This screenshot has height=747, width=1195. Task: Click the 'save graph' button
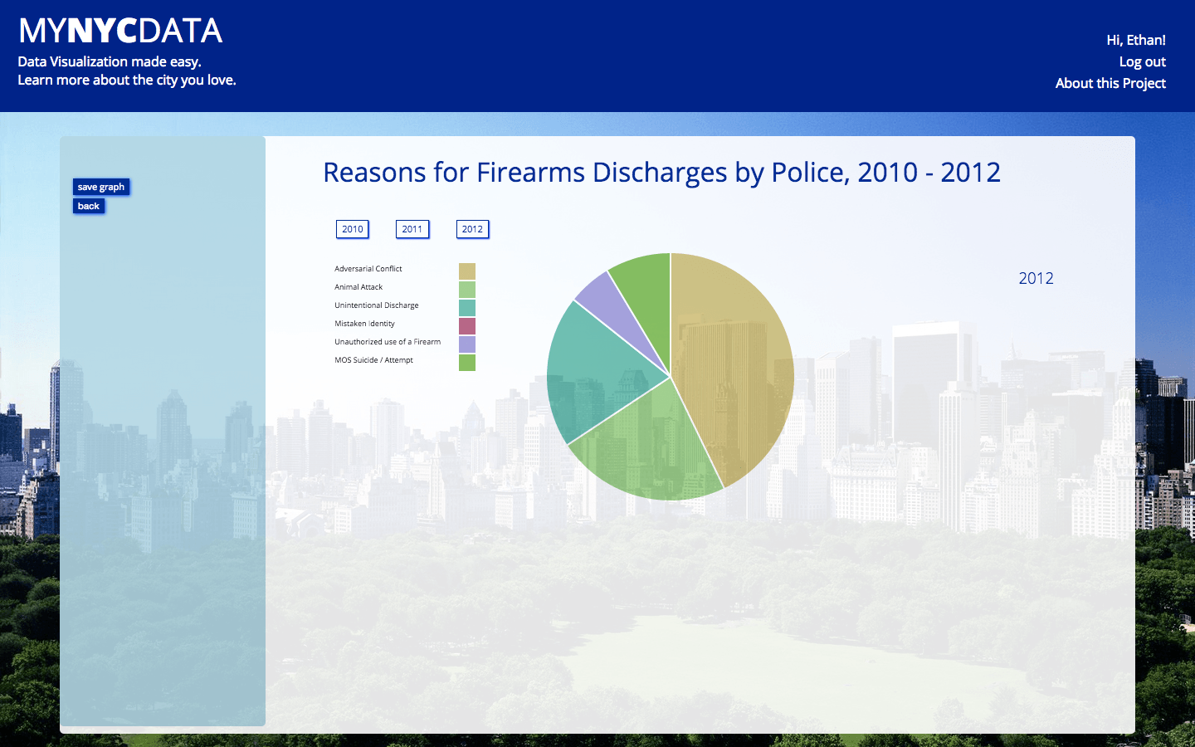click(x=101, y=187)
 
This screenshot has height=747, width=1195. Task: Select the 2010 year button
click(x=352, y=229)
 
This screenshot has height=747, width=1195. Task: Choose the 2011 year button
click(x=412, y=229)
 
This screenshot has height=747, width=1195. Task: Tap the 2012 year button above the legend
click(x=472, y=229)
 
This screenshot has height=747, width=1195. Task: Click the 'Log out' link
click(x=1142, y=62)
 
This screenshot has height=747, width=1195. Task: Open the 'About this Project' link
click(x=1110, y=83)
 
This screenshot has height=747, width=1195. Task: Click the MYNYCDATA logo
click(x=120, y=31)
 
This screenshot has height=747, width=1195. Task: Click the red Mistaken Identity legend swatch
click(x=466, y=325)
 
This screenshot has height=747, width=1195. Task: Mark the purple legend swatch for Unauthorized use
click(x=466, y=344)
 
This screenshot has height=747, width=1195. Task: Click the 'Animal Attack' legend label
click(x=358, y=287)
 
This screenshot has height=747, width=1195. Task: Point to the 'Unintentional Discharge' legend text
click(x=377, y=305)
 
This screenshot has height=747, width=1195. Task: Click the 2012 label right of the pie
click(x=1036, y=278)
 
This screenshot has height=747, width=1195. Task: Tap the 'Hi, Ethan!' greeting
click(x=1136, y=40)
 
